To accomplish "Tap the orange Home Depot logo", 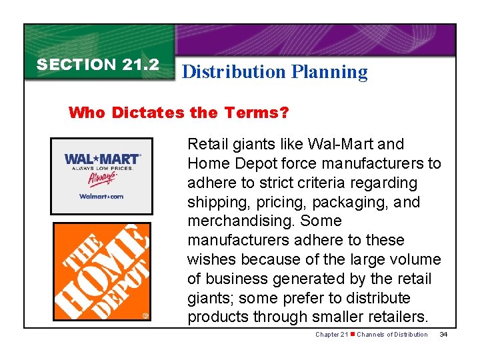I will point(102,271).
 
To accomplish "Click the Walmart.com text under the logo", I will point(101,196).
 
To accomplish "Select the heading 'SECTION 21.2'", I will point(98,65).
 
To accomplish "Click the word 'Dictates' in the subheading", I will point(148,112).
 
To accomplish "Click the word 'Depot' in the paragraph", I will point(252,163).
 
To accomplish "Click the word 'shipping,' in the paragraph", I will point(215,202).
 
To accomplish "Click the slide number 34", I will point(443,334).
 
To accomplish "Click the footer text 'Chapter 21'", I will point(331,334).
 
